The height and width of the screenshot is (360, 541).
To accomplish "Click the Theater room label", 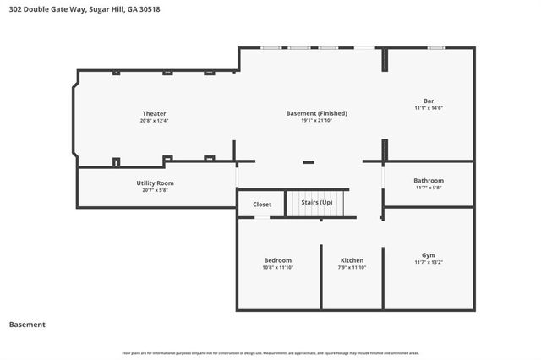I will point(154,113).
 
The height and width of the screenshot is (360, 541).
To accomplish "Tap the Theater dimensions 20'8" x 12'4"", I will point(154,121).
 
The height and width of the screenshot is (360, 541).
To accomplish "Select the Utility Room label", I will point(155,183).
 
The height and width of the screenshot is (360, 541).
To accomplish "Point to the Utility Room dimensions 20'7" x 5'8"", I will point(155,190).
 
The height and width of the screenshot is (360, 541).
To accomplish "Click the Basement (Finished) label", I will point(316,113).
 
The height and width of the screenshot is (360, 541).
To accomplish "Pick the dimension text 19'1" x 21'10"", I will point(316,121).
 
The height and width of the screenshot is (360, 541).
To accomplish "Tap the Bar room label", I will point(429,101).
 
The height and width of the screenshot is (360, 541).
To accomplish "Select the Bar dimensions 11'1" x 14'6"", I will point(429,108).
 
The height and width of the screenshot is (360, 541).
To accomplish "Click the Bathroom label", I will point(429,180).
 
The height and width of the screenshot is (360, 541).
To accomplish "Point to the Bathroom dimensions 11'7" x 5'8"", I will point(429,188).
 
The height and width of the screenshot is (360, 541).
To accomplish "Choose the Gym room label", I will point(429,254).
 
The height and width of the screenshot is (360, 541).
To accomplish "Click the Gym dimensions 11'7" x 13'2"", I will point(429,262).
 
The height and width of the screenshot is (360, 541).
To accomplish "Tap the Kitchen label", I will point(352,259).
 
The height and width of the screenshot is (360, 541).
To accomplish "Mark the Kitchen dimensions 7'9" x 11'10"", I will point(352,267).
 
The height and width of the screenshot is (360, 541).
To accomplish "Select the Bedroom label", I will point(277,259).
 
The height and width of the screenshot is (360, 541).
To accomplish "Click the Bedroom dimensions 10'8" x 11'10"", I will point(277,267).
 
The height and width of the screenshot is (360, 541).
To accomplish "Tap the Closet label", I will point(262,205).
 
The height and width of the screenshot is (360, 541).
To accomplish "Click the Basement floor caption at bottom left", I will point(27,324).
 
